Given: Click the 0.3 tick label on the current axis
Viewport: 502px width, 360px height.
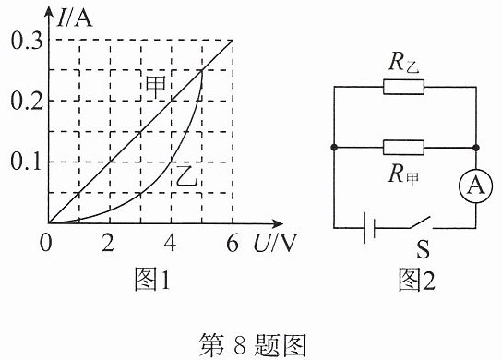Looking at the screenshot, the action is tap(27, 41).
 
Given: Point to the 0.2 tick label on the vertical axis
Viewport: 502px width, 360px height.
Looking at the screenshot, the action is tap(27, 102).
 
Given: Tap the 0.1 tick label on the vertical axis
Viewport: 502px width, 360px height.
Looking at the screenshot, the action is tap(26, 162).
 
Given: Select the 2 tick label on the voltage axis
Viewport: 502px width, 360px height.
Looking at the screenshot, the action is tap(108, 243).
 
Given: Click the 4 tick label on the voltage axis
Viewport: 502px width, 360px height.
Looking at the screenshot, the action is tap(170, 243).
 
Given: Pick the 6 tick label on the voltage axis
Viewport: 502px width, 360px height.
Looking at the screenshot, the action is tap(233, 243).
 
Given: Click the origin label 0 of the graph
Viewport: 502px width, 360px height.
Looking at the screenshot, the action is tap(45, 243).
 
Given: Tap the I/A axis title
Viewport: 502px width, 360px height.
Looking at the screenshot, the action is tap(75, 18).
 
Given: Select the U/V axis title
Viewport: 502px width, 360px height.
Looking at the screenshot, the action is tap(275, 243).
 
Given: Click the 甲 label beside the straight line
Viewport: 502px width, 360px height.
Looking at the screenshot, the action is tap(156, 87).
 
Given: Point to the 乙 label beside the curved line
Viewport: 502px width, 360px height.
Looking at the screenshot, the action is tap(186, 175).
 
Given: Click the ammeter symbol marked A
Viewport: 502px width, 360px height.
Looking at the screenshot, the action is tap(476, 186).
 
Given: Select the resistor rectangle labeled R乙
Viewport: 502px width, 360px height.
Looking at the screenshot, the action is tap(403, 87).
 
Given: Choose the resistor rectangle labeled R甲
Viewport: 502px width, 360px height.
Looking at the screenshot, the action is tap(403, 148).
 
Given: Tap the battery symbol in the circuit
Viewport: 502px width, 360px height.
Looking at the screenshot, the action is tap(369, 228).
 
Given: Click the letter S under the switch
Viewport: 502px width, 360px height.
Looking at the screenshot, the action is tap(423, 249).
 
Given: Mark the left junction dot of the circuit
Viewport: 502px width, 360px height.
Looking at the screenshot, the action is tap(334, 148).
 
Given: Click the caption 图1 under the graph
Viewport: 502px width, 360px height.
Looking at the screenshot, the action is tap(151, 279).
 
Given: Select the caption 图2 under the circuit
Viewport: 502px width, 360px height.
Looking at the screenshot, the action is tap(416, 279).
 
